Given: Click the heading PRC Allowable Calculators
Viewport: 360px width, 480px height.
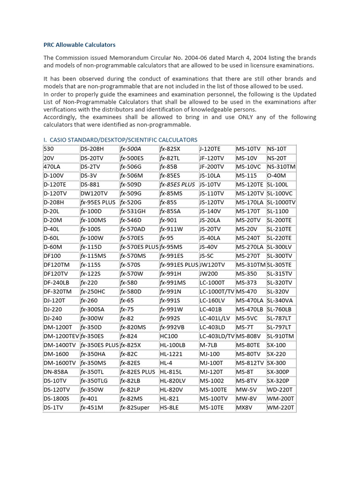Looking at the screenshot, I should click(79, 45).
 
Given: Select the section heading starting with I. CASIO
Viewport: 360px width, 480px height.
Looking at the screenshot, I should click(120, 140).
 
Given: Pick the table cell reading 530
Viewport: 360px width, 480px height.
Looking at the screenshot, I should click(48, 149).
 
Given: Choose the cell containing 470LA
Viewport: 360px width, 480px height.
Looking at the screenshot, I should click(52, 167).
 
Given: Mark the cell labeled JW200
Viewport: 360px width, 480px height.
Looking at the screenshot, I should click(209, 274).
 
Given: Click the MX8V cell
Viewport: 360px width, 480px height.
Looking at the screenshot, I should click(244, 407).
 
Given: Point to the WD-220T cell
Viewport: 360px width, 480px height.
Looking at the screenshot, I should click(279, 390).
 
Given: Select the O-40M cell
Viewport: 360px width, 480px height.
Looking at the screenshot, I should click(277, 176).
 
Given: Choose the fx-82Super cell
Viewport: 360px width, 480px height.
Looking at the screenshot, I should click(135, 407).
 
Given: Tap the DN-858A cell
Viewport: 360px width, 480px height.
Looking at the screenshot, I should click(55, 372).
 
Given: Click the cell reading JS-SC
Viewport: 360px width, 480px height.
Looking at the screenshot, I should click(207, 256).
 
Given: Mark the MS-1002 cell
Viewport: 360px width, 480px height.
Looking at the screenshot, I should click(212, 381).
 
